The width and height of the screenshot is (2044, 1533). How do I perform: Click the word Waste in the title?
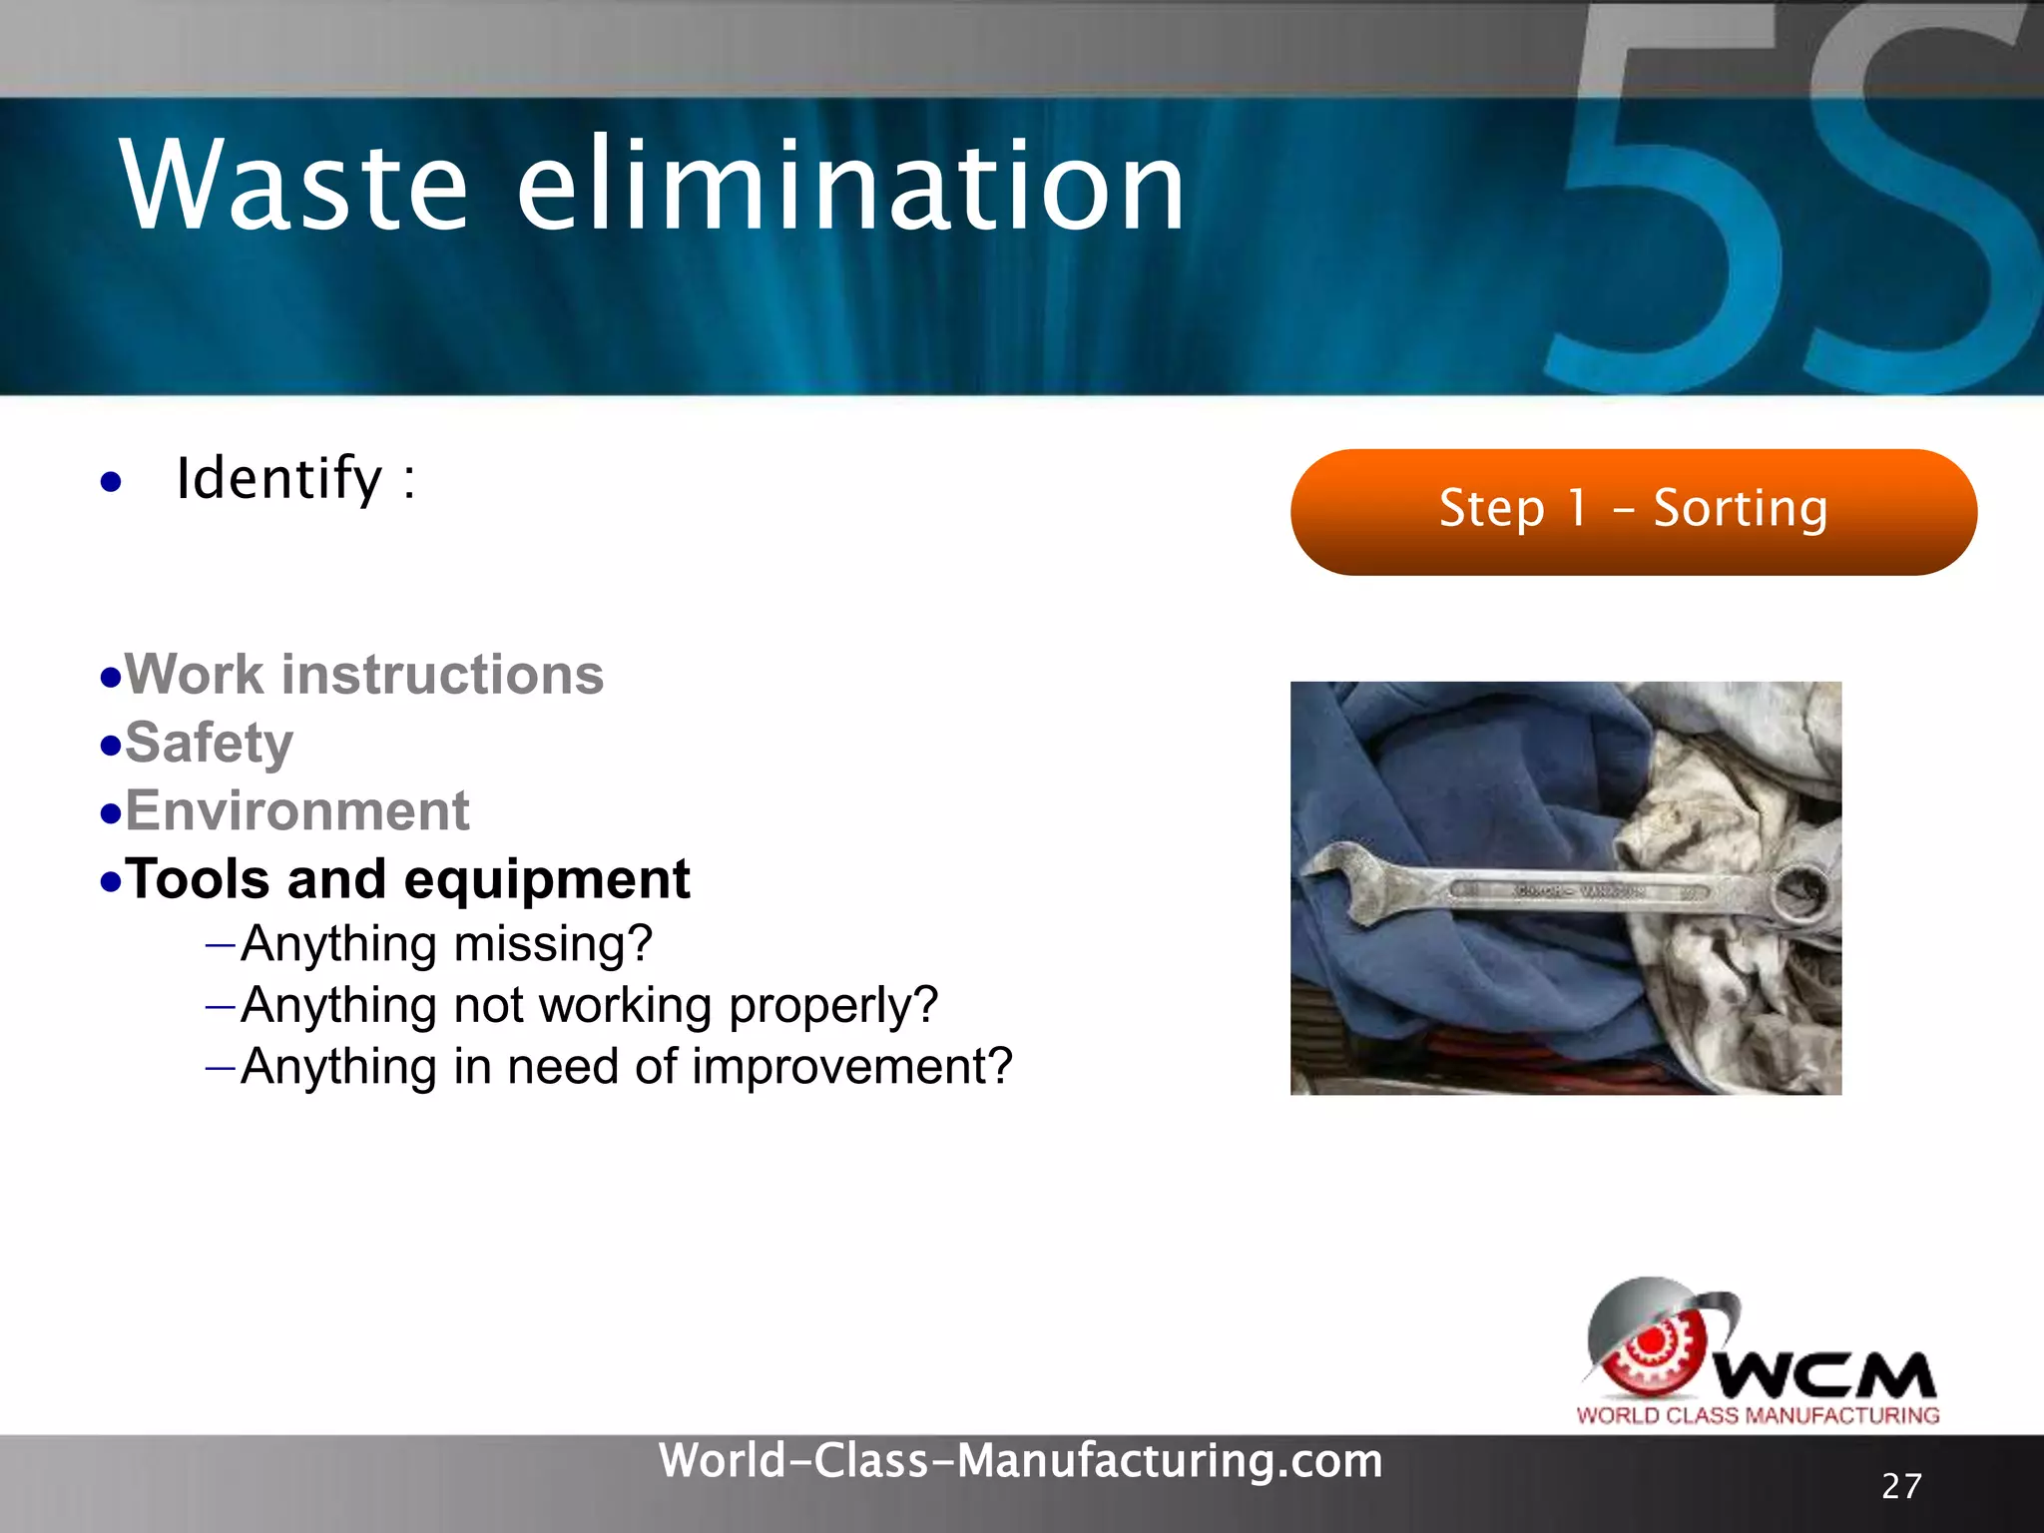pyautogui.click(x=293, y=187)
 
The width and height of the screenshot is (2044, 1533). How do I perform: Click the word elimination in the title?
pyautogui.click(x=850, y=187)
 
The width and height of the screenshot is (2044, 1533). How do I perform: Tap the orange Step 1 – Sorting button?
pyautogui.click(x=1633, y=511)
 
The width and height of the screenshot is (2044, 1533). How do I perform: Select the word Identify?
pyautogui.click(x=279, y=479)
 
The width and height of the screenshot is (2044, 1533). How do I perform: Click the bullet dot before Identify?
pyautogui.click(x=111, y=483)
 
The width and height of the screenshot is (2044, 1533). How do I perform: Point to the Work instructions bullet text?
pyautogui.click(x=364, y=675)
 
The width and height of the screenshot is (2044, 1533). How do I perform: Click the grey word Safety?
pyautogui.click(x=209, y=744)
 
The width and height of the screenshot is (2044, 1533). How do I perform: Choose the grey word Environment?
pyautogui.click(x=296, y=810)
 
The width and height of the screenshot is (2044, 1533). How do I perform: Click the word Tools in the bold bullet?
pyautogui.click(x=198, y=879)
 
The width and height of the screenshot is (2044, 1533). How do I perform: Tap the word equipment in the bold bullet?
pyautogui.click(x=547, y=880)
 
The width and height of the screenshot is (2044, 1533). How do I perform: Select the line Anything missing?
pyautogui.click(x=446, y=944)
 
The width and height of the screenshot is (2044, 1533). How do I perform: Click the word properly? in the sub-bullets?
pyautogui.click(x=833, y=1006)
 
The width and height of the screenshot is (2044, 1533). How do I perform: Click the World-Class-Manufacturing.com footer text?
pyautogui.click(x=1020, y=1461)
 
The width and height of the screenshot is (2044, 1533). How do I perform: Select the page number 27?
pyautogui.click(x=1900, y=1486)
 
